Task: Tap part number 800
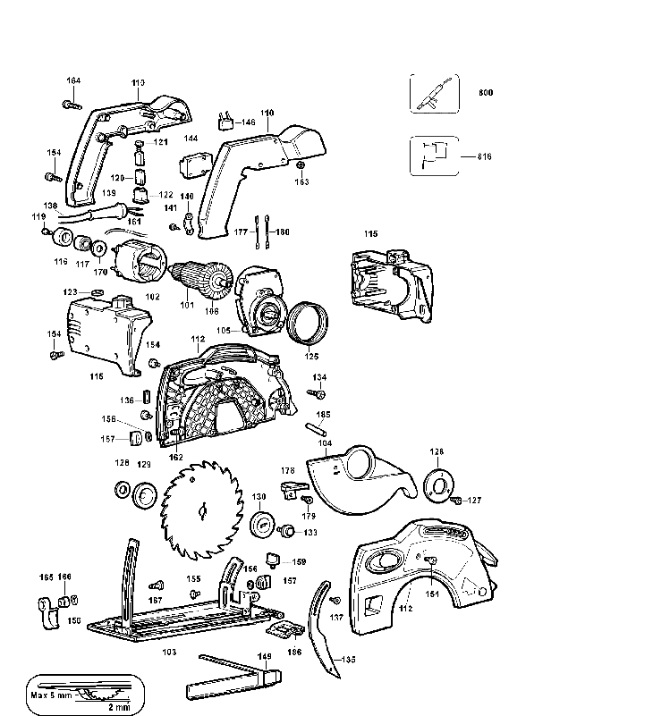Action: (486, 93)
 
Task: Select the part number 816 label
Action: (485, 156)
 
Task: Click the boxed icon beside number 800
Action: (435, 93)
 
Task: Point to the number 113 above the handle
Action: (138, 83)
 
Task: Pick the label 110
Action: (267, 113)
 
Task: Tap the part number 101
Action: (186, 305)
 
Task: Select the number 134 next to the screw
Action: (319, 378)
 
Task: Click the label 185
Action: (324, 415)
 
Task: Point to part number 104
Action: (325, 442)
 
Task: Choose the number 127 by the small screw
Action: (475, 501)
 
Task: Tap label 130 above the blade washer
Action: (259, 497)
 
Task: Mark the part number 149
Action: (265, 657)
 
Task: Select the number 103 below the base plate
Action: (169, 652)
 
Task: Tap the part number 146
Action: (248, 122)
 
